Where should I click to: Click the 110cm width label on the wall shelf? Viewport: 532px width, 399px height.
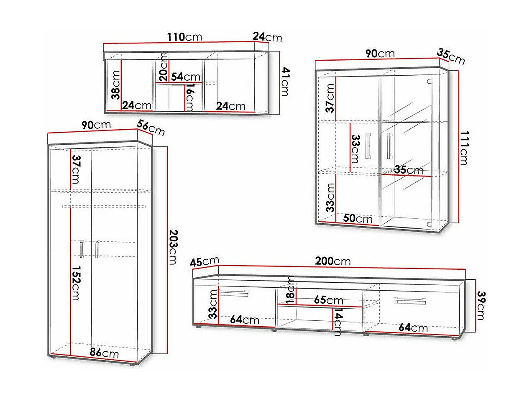[x=184, y=37]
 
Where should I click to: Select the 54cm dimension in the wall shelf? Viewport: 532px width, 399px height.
[x=186, y=77]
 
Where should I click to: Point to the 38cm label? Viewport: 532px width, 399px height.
[x=116, y=84]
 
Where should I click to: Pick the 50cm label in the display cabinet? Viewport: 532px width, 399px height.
[x=358, y=218]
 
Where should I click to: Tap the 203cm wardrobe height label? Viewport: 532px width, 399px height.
[x=172, y=246]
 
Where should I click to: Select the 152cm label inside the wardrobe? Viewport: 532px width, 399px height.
[x=76, y=283]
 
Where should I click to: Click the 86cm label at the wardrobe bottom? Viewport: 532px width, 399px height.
[x=104, y=353]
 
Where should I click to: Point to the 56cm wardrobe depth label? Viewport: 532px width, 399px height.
[x=151, y=128]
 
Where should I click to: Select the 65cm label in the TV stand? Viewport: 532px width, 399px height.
[x=328, y=300]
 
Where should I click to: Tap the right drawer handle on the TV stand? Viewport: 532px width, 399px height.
[x=410, y=301]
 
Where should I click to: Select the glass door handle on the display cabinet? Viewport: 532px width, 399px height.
[x=390, y=146]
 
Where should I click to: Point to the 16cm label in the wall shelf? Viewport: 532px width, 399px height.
[x=189, y=97]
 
